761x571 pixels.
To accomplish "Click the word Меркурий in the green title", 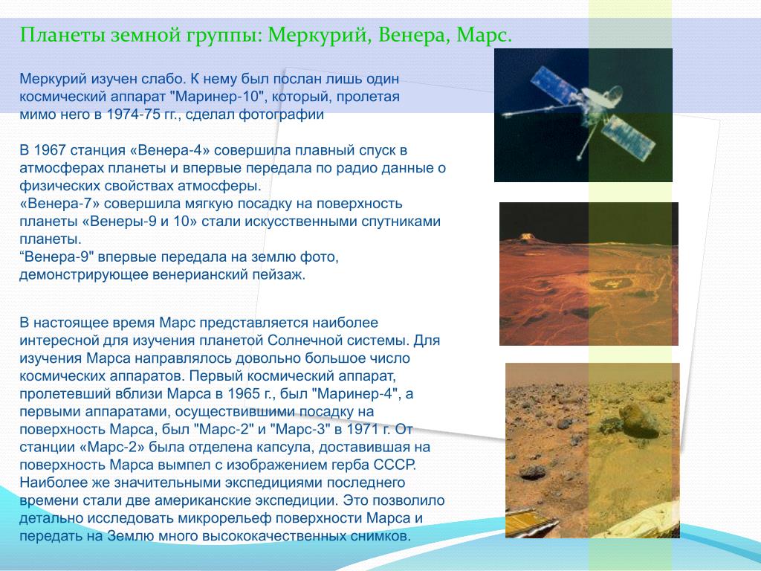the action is tap(320, 36).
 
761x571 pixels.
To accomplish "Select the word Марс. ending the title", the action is tap(485, 36).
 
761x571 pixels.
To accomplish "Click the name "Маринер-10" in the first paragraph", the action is tap(218, 96).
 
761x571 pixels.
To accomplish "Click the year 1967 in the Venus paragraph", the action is tap(50, 150).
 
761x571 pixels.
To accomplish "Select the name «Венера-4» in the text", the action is tap(170, 150).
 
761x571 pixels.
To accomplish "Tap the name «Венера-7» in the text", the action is tap(59, 204).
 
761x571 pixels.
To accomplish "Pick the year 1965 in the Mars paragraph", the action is tap(244, 393).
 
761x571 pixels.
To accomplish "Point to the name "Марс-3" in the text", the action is tap(299, 429).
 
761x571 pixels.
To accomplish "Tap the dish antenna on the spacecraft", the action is tap(603, 97).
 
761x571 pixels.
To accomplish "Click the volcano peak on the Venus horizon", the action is tap(526, 237).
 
